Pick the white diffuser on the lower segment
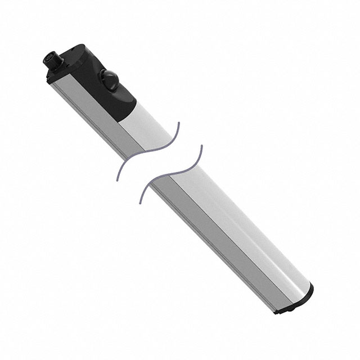click(x=242, y=225)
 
